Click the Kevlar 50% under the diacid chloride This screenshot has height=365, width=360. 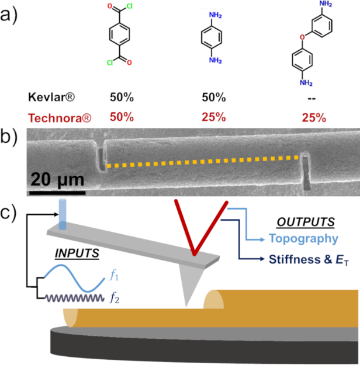click(120, 95)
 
